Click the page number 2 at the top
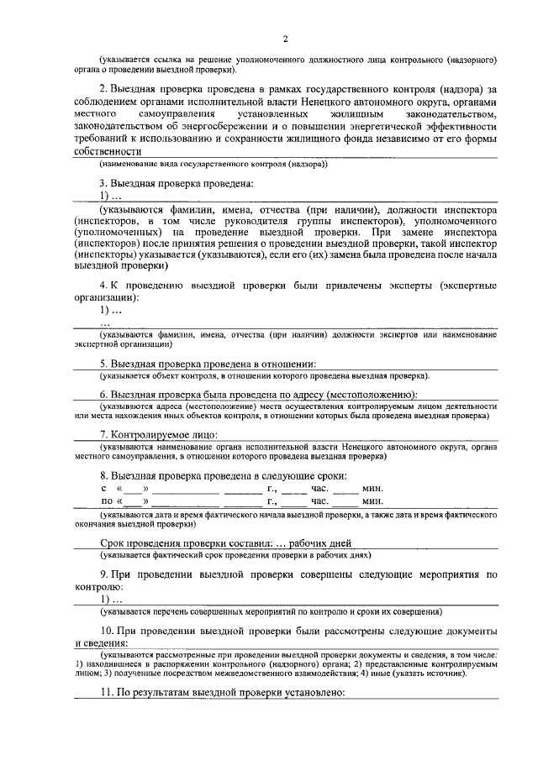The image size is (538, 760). (x=286, y=39)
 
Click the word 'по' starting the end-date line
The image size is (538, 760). (x=107, y=501)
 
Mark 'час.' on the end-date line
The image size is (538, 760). (x=321, y=501)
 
